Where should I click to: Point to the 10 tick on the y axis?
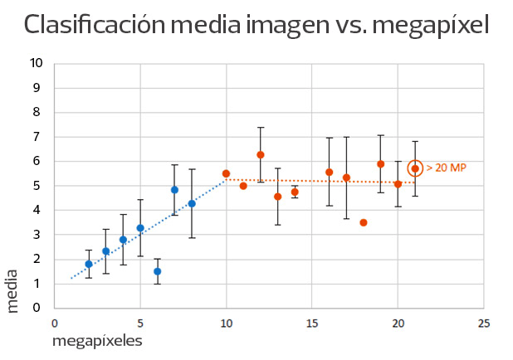pos(35,63)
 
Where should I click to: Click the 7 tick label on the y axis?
pos(38,137)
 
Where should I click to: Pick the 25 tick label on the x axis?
pos(484,324)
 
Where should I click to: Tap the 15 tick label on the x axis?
pos(311,324)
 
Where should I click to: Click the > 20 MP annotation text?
pos(447,168)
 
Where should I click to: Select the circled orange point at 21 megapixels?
pos(415,168)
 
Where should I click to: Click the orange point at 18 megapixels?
pos(364,222)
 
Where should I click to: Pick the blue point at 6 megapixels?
pos(158,271)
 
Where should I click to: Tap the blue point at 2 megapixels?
pos(89,264)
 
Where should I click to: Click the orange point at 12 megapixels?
pos(261,155)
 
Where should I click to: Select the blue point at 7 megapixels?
pos(174,190)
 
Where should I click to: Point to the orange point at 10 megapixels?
pos(226,173)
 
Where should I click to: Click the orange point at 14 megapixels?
pos(295,192)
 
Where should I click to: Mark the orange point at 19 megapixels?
pos(380,164)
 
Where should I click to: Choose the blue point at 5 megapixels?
pos(140,228)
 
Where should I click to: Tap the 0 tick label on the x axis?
pos(54,324)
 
